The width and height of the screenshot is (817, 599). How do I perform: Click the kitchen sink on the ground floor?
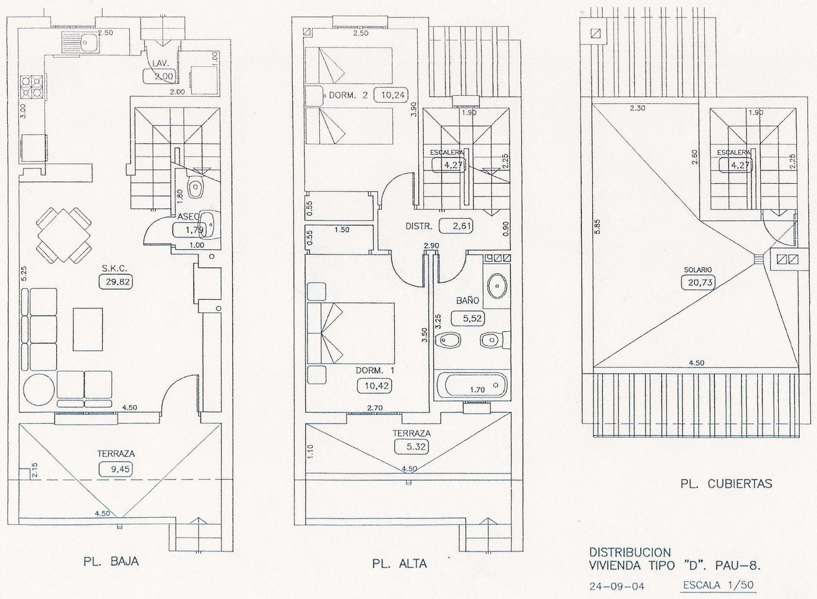tap(80, 42)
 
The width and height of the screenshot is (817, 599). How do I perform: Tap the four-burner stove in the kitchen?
tap(32, 87)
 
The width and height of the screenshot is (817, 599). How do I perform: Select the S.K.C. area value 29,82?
tap(116, 281)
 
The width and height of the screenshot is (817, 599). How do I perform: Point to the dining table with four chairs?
tap(64, 235)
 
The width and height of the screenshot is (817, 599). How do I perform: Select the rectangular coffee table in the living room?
tap(87, 329)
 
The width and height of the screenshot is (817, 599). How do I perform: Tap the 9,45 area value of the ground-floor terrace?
tap(116, 469)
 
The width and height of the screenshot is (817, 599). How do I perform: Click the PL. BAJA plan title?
tap(111, 561)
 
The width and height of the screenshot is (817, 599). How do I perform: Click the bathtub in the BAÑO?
tap(472, 385)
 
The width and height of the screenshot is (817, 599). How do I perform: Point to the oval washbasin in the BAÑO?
tap(497, 286)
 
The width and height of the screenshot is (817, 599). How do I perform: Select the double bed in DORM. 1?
tap(351, 333)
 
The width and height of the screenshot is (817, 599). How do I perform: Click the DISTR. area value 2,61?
tap(456, 226)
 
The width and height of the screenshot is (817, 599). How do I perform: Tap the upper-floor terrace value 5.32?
tap(412, 446)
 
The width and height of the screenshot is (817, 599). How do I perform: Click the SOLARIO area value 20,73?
tap(698, 282)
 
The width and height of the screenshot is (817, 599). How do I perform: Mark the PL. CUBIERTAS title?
tap(726, 484)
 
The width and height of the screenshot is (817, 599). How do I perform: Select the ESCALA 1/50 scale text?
tap(718, 585)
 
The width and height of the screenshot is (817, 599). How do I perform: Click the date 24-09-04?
tap(617, 587)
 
